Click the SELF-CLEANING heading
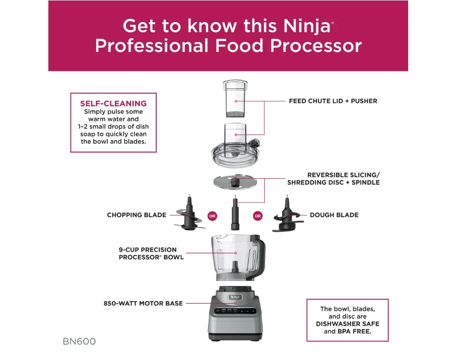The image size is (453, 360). click(x=113, y=103)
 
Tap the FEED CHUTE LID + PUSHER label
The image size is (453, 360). click(x=333, y=101)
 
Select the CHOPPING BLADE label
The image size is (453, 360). click(x=137, y=215)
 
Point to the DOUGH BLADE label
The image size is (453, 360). click(x=334, y=215)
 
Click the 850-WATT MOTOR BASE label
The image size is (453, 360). click(x=143, y=304)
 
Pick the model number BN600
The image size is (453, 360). click(x=79, y=341)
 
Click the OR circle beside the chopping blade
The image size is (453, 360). click(x=212, y=216)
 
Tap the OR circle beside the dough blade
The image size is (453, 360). click(x=257, y=216)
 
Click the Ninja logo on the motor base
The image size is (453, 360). click(x=235, y=297)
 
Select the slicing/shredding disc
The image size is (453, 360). click(x=235, y=182)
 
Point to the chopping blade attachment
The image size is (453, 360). click(x=189, y=213)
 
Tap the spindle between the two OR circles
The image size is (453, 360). click(x=235, y=213)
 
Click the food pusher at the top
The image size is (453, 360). click(x=235, y=98)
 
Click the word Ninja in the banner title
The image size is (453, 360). click(x=307, y=27)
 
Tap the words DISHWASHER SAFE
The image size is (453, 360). click(x=348, y=324)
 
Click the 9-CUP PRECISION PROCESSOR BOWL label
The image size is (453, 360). click(x=151, y=253)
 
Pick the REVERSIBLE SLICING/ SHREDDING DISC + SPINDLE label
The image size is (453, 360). click(x=334, y=179)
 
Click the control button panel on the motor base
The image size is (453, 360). click(x=235, y=311)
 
